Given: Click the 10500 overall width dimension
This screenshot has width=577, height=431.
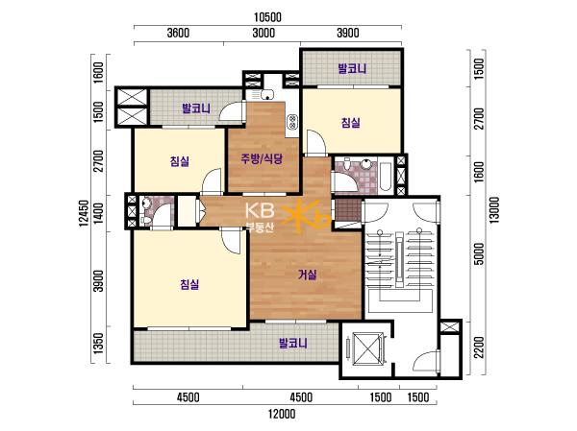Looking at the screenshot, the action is click(x=267, y=17).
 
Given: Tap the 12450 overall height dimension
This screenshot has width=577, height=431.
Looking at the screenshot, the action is click(x=85, y=213).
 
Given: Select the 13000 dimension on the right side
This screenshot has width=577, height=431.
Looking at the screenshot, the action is click(x=494, y=210).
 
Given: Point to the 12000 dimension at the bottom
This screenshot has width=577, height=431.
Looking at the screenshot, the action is click(x=282, y=414).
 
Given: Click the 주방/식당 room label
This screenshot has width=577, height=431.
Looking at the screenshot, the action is click(x=262, y=158).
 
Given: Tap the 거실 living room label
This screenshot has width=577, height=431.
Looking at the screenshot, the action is click(x=307, y=275).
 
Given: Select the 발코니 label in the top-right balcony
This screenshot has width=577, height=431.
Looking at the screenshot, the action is click(x=352, y=69).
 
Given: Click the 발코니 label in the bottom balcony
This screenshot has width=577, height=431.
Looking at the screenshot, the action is click(x=293, y=344).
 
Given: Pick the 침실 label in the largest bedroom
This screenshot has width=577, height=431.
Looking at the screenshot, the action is click(x=189, y=284).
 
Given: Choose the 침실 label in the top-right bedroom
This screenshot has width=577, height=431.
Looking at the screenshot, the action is click(x=350, y=122).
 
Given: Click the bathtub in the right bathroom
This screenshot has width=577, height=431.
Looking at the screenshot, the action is click(x=386, y=176).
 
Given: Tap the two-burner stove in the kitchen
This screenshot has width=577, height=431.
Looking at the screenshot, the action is click(x=292, y=122).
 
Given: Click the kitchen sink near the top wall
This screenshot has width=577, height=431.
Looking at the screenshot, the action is click(x=267, y=95).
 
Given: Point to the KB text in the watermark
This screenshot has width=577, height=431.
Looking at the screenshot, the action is click(x=260, y=210).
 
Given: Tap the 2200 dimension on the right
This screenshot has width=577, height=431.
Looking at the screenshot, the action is click(x=479, y=347).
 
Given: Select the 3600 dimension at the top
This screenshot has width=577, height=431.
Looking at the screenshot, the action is click(x=178, y=33).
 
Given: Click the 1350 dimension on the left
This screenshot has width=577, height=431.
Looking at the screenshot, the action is click(x=98, y=344).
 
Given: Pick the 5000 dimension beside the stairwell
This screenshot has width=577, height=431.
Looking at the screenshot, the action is click(x=479, y=253).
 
